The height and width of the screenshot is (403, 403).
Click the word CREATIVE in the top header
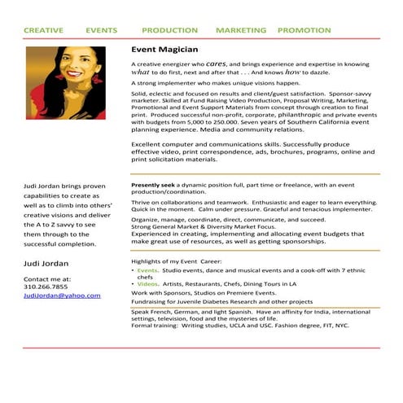(x=43, y=30)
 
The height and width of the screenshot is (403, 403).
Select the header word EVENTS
(x=101, y=30)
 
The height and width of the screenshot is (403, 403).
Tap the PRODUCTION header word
(x=169, y=30)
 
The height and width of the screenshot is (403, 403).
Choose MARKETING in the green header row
(x=241, y=30)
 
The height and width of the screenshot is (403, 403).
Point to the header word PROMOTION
(x=304, y=30)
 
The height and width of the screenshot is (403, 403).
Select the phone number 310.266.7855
(x=46, y=287)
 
